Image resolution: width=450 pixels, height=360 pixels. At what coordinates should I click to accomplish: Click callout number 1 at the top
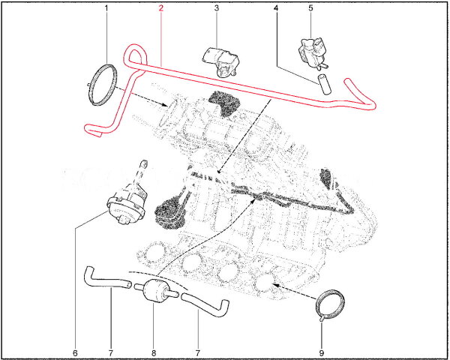coord(106,9)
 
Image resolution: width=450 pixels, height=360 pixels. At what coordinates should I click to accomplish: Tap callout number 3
coord(216,9)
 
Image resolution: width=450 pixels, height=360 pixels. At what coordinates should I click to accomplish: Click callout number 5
coord(310,9)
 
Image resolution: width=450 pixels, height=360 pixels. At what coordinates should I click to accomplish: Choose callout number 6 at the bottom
coord(75,351)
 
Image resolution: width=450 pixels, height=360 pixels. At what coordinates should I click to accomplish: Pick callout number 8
coord(152,351)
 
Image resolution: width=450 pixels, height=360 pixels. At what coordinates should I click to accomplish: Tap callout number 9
coord(322,351)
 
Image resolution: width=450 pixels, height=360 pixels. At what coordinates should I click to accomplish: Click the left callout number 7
coord(110,351)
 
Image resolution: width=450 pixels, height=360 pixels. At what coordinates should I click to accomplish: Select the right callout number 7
coord(199,351)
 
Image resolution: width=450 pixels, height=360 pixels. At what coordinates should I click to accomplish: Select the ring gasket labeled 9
coord(328,304)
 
